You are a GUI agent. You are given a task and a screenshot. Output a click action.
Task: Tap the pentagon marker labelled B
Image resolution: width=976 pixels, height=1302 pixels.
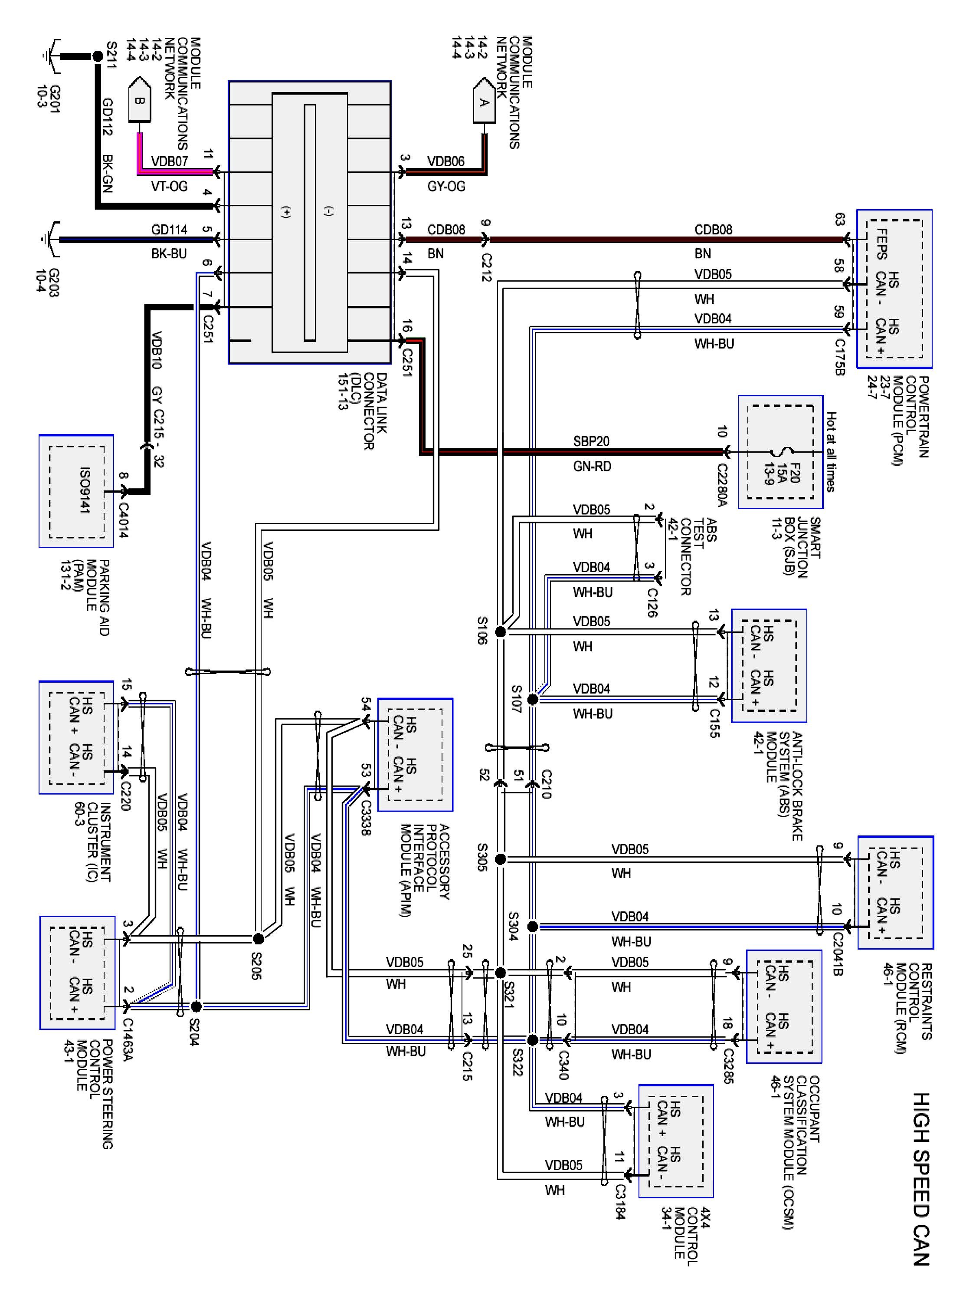tap(139, 100)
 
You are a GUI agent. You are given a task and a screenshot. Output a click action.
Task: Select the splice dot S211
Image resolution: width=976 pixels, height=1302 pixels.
tap(98, 56)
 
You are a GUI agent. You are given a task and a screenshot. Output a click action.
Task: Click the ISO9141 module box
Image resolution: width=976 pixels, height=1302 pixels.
tap(76, 491)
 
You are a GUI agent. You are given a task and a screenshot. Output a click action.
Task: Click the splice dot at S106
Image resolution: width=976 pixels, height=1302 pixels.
tap(500, 631)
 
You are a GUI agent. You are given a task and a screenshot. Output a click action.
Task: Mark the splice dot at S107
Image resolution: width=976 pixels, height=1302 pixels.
tap(532, 699)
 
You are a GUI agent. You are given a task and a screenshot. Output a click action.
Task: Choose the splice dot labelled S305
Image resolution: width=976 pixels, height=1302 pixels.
tap(500, 859)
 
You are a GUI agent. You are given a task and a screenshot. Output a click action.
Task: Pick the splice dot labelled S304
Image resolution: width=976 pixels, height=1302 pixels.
tap(532, 927)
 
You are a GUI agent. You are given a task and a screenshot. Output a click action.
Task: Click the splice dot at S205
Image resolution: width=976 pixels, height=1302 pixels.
tap(258, 938)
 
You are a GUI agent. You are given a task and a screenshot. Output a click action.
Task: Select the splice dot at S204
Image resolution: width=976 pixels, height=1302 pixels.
tap(197, 1006)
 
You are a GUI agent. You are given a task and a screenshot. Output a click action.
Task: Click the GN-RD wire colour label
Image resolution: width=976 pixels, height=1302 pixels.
tap(592, 466)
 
